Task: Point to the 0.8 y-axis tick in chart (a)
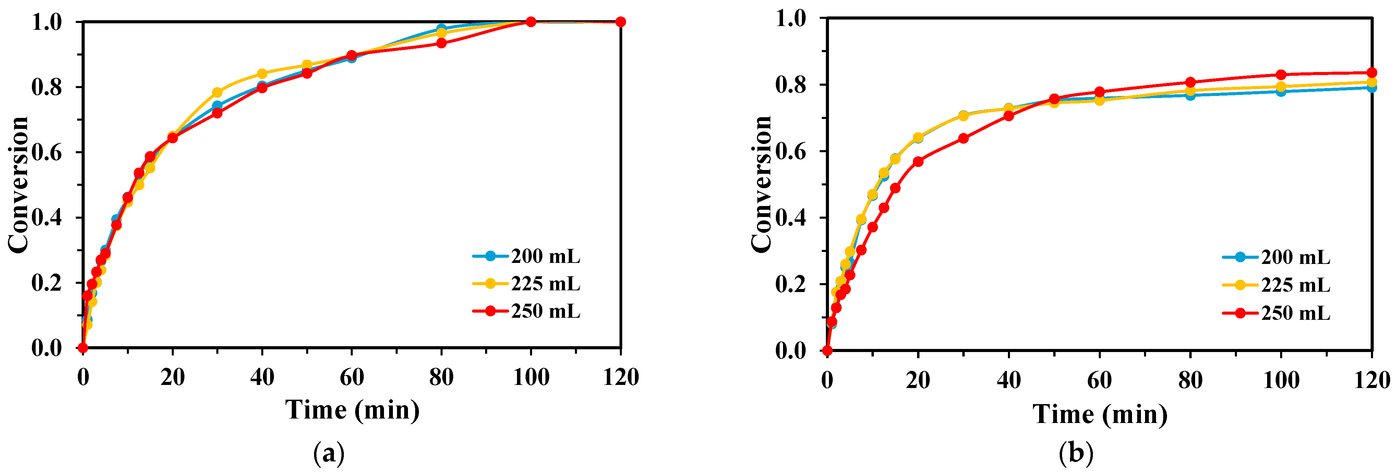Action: coord(47,87)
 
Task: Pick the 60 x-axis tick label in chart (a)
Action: coord(352,377)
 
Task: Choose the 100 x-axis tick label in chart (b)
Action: coord(1280,380)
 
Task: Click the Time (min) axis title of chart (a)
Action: coord(352,410)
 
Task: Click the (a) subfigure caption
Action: coord(329,453)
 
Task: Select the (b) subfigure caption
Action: coord(1076,453)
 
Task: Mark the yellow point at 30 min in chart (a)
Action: coord(217,93)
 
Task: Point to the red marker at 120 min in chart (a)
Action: coord(621,22)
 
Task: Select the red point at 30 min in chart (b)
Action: coord(963,138)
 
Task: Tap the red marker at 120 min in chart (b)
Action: coord(1372,73)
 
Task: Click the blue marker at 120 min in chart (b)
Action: coord(1372,88)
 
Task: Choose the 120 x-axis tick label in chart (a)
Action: coord(621,377)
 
